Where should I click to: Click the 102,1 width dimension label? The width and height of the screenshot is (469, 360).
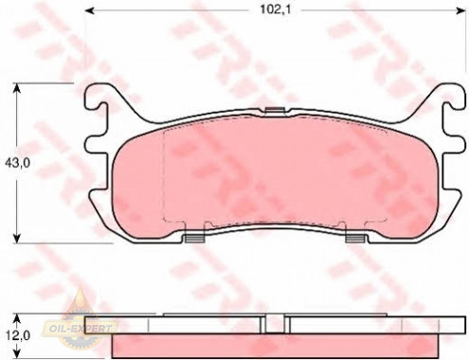tap(275, 9)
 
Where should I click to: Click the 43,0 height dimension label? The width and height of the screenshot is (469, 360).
tap(18, 163)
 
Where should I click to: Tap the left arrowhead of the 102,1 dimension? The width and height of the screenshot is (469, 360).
tap(90, 10)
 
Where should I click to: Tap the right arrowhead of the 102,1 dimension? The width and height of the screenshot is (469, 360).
tap(461, 10)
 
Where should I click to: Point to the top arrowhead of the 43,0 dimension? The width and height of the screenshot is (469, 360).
tap(17, 88)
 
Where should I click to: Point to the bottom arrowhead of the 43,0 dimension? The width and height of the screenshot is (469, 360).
tap(17, 239)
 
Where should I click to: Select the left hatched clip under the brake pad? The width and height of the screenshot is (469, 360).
tap(195, 239)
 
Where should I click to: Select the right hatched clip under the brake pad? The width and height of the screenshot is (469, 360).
tap(356, 239)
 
